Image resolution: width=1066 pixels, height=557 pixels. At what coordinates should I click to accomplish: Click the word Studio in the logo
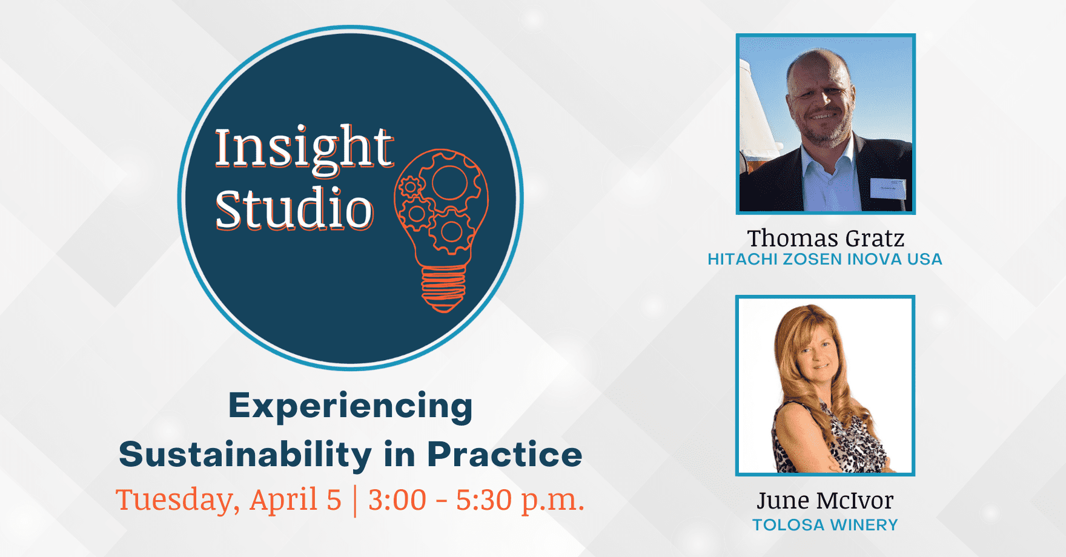pos(294,209)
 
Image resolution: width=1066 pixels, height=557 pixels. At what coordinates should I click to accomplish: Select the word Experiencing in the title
pos(350,407)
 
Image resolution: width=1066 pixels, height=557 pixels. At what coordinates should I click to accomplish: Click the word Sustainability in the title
pos(245,455)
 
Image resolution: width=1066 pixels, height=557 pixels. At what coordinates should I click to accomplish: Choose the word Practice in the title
pos(505,454)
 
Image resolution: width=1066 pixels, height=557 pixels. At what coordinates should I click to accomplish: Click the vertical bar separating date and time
pos(355,501)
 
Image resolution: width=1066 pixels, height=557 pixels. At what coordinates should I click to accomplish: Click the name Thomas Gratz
pos(826,238)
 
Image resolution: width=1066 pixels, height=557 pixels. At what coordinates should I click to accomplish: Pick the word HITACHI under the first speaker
pos(742,259)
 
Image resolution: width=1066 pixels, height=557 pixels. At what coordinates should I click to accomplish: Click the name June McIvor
pos(825,500)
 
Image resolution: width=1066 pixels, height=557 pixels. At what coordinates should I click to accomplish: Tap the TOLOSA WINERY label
pos(825,525)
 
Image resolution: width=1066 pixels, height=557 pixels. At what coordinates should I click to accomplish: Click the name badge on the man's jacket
pos(888,188)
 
